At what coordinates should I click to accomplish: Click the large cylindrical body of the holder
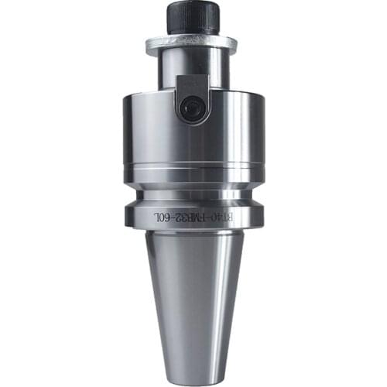coord(193,132)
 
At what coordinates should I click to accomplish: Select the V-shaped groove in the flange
coord(193,193)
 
